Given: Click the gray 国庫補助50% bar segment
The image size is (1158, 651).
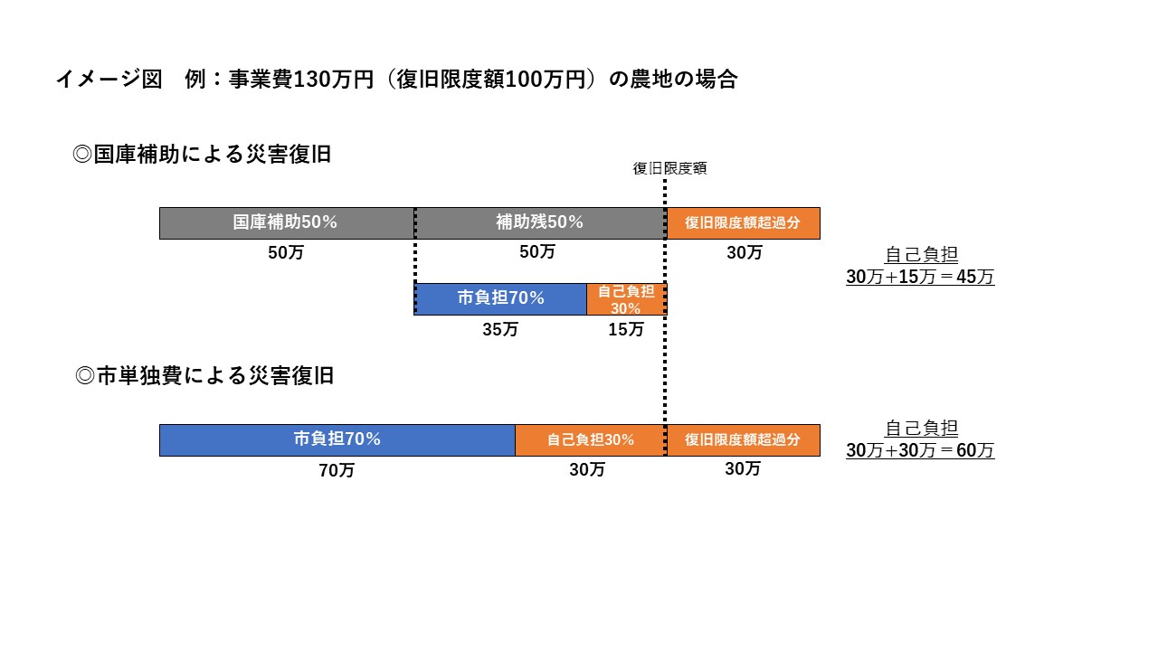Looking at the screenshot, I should click(286, 223).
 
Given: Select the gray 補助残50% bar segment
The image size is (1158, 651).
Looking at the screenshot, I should click(540, 223).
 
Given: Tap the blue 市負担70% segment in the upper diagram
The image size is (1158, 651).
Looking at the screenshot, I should click(500, 298).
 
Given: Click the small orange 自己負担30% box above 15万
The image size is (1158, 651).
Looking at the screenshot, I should click(626, 299).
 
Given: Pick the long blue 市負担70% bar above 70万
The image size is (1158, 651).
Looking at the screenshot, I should click(337, 440).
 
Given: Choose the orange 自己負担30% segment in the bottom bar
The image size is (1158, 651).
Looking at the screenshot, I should click(590, 440).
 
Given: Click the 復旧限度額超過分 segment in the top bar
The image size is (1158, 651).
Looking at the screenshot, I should click(743, 223).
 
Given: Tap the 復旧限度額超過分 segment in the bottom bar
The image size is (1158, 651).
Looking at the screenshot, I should click(743, 440).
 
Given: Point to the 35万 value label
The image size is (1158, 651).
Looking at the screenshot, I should click(500, 330).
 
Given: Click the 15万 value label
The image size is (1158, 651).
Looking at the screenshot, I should click(626, 330).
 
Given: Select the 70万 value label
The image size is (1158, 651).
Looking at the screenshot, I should click(337, 471).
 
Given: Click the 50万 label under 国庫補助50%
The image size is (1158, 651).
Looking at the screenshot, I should click(286, 253).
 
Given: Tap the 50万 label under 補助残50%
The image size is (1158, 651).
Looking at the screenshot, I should click(537, 253).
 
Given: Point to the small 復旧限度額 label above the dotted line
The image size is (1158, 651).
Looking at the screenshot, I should click(669, 168).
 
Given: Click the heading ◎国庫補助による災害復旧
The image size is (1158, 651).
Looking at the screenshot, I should click(202, 155).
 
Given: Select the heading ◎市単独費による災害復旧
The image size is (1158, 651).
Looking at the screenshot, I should click(204, 375).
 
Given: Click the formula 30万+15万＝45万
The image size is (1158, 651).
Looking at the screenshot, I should click(920, 278).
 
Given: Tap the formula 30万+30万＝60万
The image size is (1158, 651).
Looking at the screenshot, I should click(920, 450).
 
